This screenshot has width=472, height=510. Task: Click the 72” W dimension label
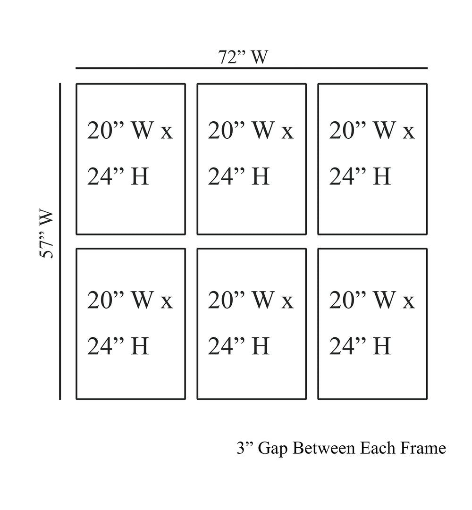pos(243,57)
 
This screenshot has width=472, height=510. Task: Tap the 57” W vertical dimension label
pos(46,234)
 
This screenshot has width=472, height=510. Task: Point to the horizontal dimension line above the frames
pos(251,68)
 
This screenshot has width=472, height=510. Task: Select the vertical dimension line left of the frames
pos(60,241)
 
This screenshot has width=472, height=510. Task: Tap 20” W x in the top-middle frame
pos(251,131)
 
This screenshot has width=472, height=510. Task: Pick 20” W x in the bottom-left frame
pos(130,300)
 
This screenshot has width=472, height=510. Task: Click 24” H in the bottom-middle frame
pos(239,346)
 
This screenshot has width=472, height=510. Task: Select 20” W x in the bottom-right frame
pos(371,300)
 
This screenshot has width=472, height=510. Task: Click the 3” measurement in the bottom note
pos(245,448)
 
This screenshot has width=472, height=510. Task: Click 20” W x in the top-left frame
pos(130,131)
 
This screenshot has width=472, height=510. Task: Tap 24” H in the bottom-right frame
pos(360,346)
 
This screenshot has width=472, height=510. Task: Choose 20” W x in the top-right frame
pos(371,131)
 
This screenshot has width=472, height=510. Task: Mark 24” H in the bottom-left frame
pos(118,346)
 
